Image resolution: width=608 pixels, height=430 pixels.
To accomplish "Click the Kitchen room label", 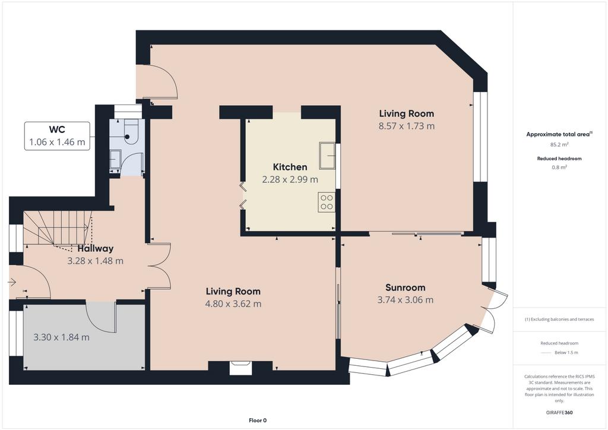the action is pyautogui.click(x=290, y=167).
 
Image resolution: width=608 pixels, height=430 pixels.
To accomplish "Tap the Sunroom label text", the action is pyautogui.click(x=405, y=287).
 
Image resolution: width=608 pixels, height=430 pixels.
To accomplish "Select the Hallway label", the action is pyautogui.click(x=96, y=248).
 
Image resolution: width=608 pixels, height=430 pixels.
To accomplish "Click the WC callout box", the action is pyautogui.click(x=58, y=135).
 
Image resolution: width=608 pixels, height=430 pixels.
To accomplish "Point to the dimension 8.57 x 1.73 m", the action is pyautogui.click(x=406, y=126).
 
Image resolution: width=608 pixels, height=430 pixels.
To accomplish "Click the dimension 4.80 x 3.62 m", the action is pyautogui.click(x=233, y=303).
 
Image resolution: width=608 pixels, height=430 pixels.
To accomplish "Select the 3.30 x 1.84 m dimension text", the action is pyautogui.click(x=61, y=337).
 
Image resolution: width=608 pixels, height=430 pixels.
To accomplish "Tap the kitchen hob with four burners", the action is pyautogui.click(x=327, y=202).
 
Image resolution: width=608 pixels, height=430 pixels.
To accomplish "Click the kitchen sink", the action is pyautogui.click(x=327, y=156).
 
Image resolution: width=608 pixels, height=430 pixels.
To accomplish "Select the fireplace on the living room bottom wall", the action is pyautogui.click(x=240, y=368).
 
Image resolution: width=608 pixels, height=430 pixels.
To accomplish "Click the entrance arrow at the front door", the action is pyautogui.click(x=12, y=282).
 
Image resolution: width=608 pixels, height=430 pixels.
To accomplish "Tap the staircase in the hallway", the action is pyautogui.click(x=58, y=228).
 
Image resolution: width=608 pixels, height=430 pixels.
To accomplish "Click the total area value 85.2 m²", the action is pyautogui.click(x=559, y=145).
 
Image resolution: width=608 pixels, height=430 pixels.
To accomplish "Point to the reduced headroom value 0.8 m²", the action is pyautogui.click(x=559, y=167).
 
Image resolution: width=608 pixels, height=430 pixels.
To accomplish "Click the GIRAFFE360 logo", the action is pyautogui.click(x=559, y=413).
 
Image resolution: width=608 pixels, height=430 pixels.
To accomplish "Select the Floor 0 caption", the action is pyautogui.click(x=258, y=420).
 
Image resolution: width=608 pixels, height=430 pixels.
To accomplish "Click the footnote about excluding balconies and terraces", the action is pyautogui.click(x=559, y=320).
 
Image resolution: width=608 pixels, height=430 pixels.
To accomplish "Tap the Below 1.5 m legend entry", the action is pyautogui.click(x=566, y=352).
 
